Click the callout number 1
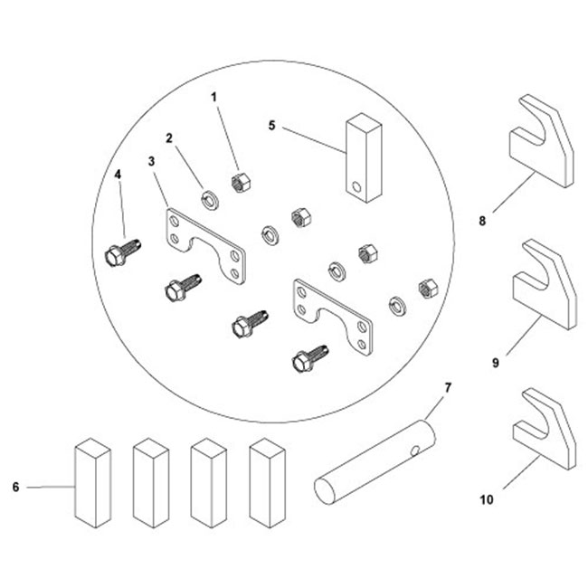coord(214,95)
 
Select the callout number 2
coord(168,138)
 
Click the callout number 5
coord(272,125)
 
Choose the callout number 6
coord(16,488)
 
